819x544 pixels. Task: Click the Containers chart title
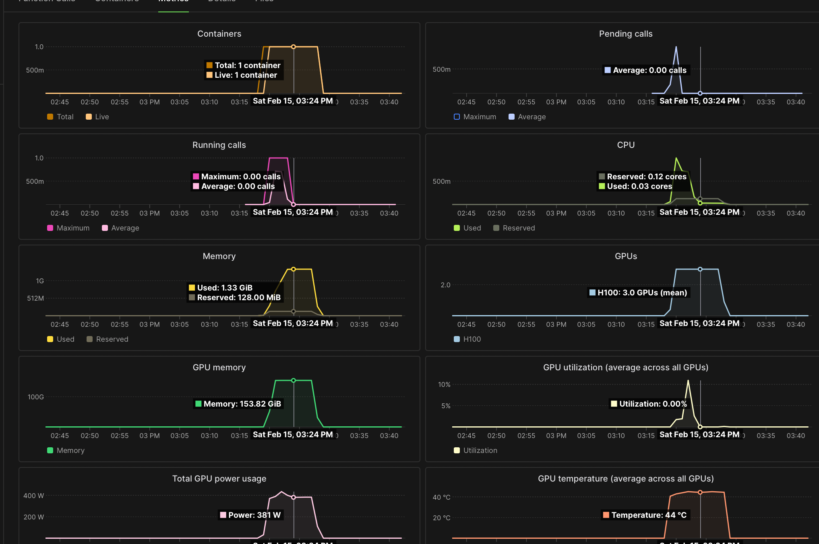[219, 34]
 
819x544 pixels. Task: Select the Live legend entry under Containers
[97, 117]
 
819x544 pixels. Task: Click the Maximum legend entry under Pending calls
[475, 117]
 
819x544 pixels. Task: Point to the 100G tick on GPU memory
[36, 397]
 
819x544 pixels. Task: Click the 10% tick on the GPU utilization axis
[444, 384]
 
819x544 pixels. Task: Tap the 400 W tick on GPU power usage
[34, 496]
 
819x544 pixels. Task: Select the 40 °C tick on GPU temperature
[441, 497]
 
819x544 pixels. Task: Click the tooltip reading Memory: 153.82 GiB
[238, 404]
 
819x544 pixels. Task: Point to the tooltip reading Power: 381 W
[250, 515]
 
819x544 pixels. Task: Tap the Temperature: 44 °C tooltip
[645, 515]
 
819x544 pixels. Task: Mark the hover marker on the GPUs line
[700, 269]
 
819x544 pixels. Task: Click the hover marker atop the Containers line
[294, 47]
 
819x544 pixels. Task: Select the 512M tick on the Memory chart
[35, 298]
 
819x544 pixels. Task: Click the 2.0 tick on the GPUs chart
[445, 285]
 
